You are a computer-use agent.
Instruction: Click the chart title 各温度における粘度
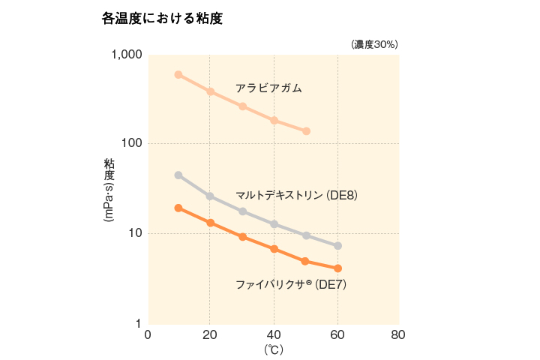coord(162,19)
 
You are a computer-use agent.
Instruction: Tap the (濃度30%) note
coord(374,44)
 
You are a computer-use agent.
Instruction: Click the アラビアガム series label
coord(268,88)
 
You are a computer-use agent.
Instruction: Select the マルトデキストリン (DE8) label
coord(296,195)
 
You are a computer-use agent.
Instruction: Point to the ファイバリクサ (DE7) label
coord(291,284)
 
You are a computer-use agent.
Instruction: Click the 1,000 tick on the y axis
coord(126,55)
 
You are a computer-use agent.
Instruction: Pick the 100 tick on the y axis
coord(131,143)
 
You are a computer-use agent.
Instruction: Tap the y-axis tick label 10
coord(135,233)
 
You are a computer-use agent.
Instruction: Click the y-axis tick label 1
coord(139,323)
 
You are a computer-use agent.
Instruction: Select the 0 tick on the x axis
coord(148,334)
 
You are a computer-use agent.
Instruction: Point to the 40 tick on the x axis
coord(274,334)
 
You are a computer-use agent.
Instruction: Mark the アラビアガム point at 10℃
coord(178,75)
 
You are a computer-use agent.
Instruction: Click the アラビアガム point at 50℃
coord(306,131)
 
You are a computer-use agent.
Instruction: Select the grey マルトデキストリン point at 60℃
coord(337,246)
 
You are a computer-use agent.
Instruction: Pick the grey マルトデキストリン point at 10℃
coord(178,175)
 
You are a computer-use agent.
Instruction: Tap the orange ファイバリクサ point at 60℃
coord(337,268)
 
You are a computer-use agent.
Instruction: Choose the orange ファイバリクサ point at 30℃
coord(243,237)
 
